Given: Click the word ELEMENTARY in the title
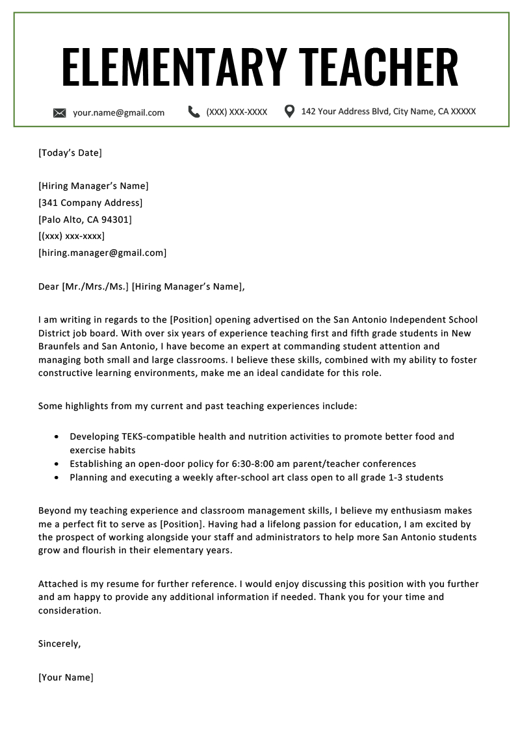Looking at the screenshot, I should pos(174,68).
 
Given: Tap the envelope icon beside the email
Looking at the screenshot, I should pos(60,113).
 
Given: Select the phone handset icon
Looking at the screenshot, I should pos(194,112).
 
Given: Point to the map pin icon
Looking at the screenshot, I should pos(290,111).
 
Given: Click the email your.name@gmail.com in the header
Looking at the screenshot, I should pos(118,112).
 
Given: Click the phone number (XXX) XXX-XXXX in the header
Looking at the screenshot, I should pos(237,112).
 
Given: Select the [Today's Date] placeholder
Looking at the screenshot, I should pos(70,153).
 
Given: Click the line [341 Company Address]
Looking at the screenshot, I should pos(90,203).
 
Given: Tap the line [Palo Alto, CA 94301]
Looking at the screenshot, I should pos(85,219).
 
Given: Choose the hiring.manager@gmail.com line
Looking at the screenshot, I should pos(102,253).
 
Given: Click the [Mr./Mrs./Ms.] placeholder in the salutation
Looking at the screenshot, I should pos(96,286).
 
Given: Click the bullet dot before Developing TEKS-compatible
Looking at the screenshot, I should pos(58,437).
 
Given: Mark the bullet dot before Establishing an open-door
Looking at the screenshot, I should pos(58,464).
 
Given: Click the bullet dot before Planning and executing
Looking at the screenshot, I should pos(58,478).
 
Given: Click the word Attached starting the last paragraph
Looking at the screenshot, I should pos(58,584).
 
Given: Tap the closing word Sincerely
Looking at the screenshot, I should pos(59,644).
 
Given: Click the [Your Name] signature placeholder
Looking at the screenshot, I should pos(66,678).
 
